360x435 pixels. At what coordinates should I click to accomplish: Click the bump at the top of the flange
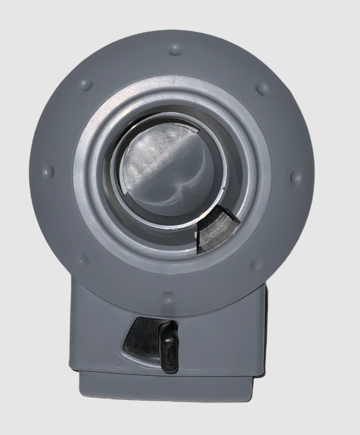174,49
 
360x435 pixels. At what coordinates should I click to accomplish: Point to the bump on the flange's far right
295,178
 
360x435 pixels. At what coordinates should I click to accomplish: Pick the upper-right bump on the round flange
262,88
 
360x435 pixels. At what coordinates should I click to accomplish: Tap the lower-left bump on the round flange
83,259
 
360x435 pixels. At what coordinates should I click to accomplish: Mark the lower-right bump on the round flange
258,264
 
